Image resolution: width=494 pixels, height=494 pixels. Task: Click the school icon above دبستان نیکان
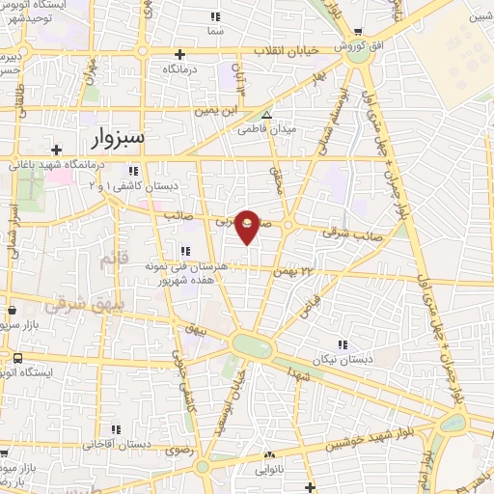[x=341, y=343]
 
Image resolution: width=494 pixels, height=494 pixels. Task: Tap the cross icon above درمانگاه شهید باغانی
[x=57, y=150]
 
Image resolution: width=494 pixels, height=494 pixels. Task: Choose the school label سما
[x=215, y=30]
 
